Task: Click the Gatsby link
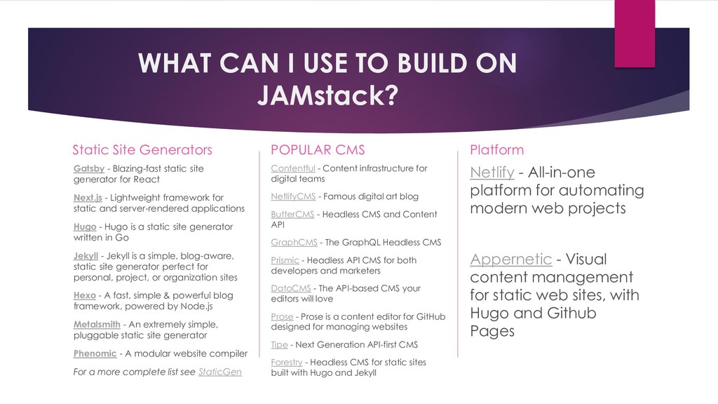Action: (88, 168)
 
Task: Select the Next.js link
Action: (88, 197)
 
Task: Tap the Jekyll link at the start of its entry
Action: (86, 255)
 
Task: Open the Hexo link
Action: (84, 295)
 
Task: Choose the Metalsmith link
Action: (96, 324)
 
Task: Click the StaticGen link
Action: (220, 372)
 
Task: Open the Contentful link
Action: (292, 168)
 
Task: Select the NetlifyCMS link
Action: (293, 196)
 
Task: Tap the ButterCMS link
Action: (292, 215)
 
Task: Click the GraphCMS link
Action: (294, 243)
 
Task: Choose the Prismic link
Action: (285, 260)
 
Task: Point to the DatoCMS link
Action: (291, 288)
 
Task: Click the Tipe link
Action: (279, 344)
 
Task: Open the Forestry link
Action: (287, 362)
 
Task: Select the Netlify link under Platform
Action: (492, 173)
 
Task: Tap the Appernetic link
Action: (510, 260)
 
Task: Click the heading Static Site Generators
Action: (142, 149)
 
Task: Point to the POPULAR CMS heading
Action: (318, 149)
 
